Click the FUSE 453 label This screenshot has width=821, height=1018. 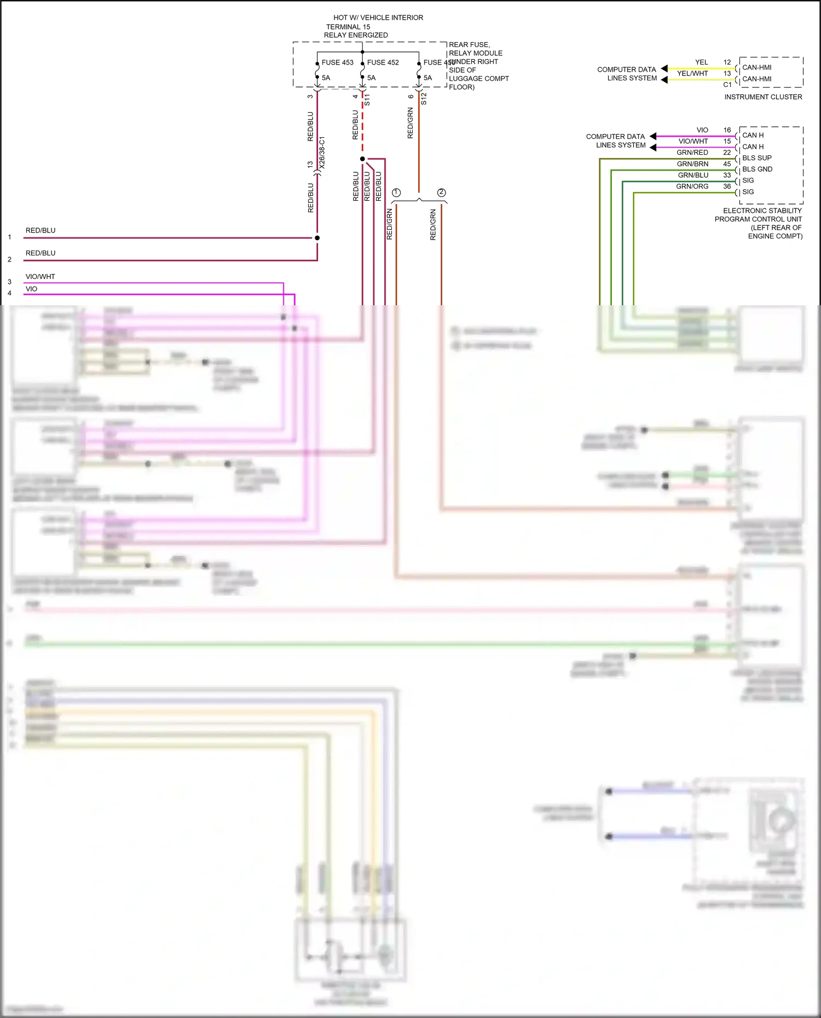(x=337, y=62)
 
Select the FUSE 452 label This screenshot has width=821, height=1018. (x=383, y=62)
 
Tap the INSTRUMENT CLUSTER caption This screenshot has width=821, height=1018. (x=763, y=97)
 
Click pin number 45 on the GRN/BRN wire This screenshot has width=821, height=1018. (x=727, y=164)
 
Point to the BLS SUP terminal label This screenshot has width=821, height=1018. (x=756, y=158)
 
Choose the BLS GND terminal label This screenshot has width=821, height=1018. (x=757, y=169)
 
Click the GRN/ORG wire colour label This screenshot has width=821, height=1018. (x=692, y=187)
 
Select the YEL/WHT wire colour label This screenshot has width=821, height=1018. (x=692, y=73)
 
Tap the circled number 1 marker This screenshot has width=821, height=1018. (x=396, y=193)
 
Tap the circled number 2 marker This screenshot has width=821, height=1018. (x=441, y=193)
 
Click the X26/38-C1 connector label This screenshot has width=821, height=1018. (x=322, y=153)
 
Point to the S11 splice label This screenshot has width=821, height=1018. (x=367, y=100)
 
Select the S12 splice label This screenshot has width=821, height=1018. (x=424, y=99)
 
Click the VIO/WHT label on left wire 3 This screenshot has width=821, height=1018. (x=41, y=277)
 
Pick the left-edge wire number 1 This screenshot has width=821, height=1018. (x=9, y=237)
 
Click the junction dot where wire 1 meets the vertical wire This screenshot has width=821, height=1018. (x=317, y=238)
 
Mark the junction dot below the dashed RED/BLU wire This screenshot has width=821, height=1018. (x=362, y=159)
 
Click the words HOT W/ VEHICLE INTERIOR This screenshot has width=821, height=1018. (x=378, y=18)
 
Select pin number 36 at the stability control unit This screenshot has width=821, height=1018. (x=727, y=187)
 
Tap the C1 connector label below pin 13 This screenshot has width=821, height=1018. (x=727, y=85)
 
